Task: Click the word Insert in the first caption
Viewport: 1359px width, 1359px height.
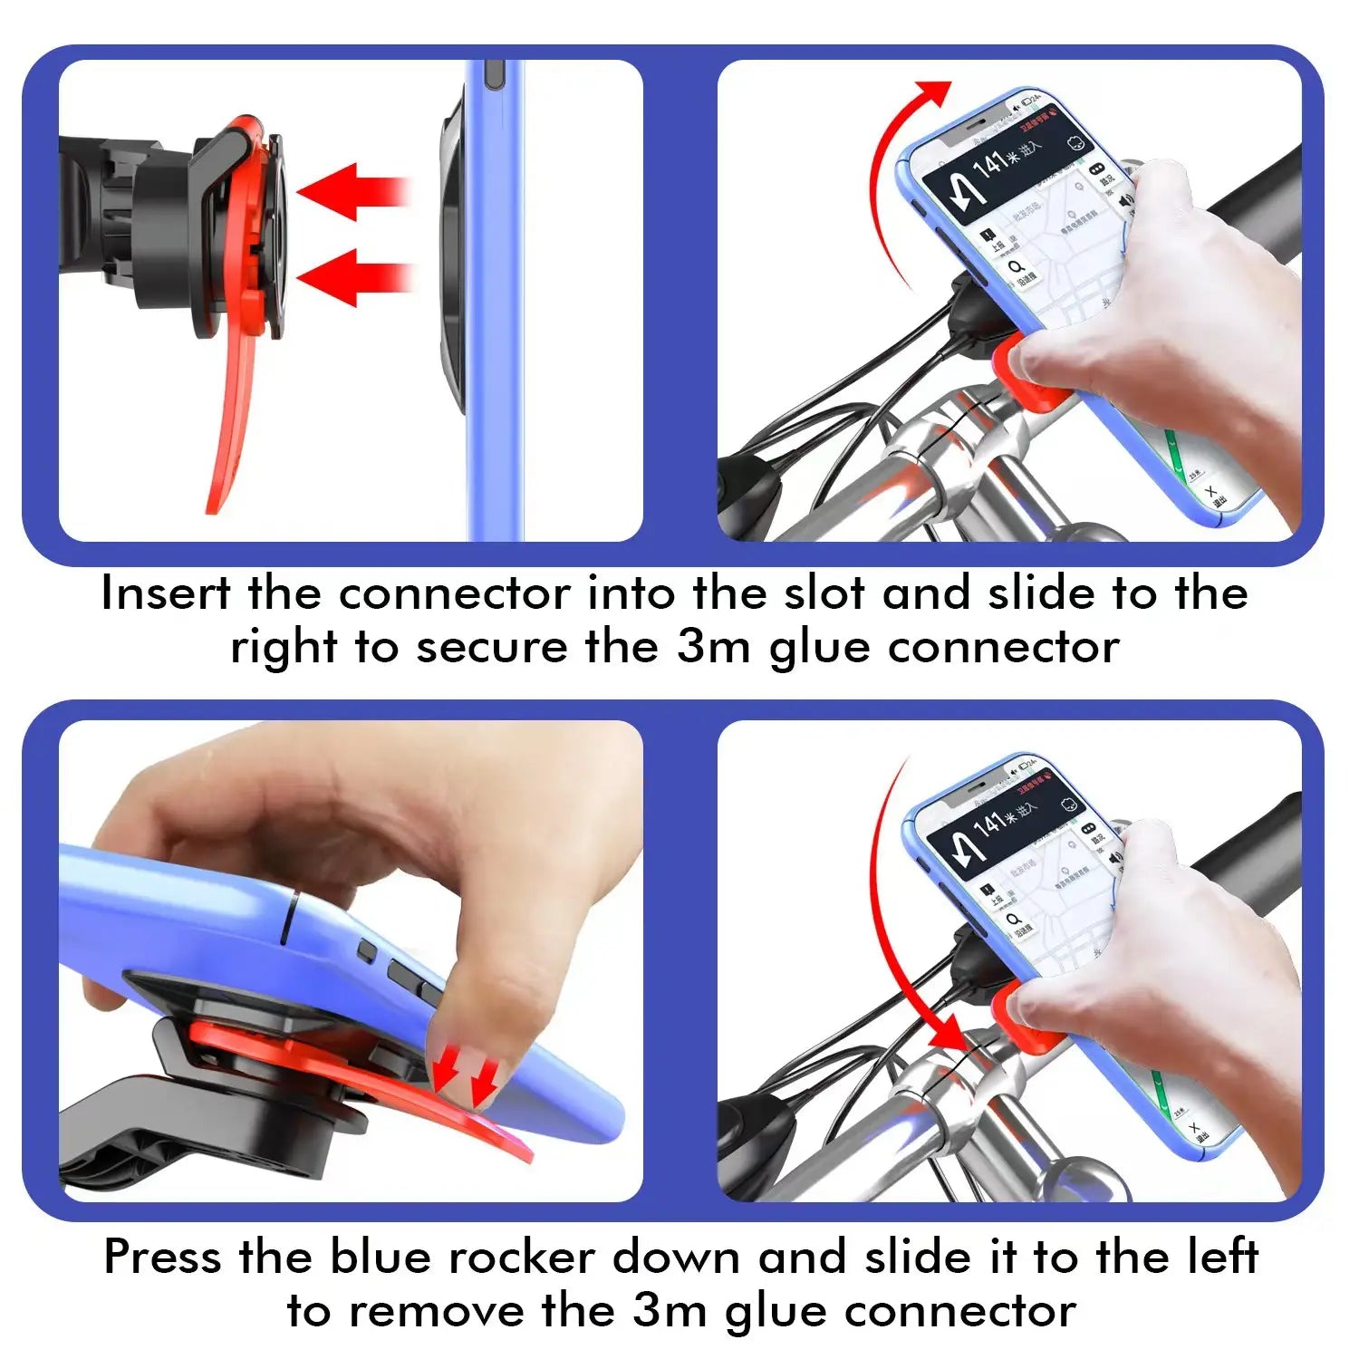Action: tap(166, 594)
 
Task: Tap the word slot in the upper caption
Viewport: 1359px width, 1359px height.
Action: tap(826, 594)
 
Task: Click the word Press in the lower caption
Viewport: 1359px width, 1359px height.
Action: tap(162, 1258)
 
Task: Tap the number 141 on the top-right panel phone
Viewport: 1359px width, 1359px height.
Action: tap(991, 167)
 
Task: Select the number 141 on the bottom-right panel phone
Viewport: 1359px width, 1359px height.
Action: tap(991, 825)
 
